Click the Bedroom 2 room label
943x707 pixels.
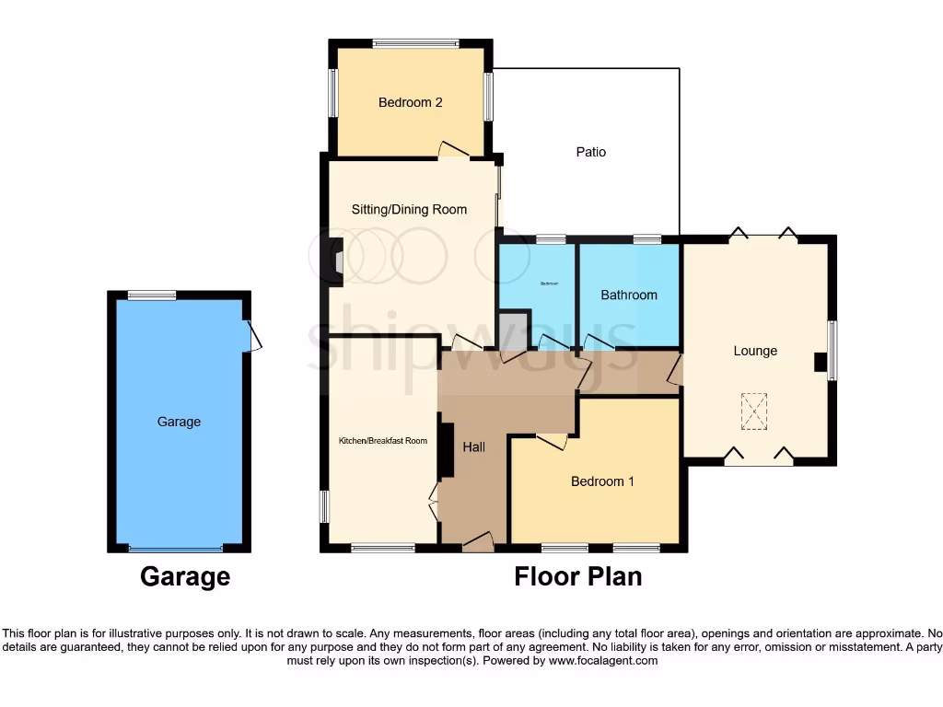pos(410,102)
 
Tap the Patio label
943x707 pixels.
pos(591,152)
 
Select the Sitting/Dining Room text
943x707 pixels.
pos(409,209)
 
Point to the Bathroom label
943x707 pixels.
pos(629,295)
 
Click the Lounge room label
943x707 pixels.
pos(755,351)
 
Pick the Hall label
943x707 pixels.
pos(474,446)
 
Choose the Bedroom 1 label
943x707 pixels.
pos(602,481)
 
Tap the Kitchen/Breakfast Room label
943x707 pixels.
pos(383,441)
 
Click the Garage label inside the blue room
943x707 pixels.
pos(179,422)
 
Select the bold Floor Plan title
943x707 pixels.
pos(577,577)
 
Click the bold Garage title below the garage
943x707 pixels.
pos(184,577)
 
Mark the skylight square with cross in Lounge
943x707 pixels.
pos(754,411)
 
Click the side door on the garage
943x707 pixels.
pos(253,335)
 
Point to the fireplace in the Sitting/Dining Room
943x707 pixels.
pos(338,257)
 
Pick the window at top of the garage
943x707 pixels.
pos(152,295)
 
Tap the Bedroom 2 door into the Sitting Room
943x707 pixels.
pos(454,149)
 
